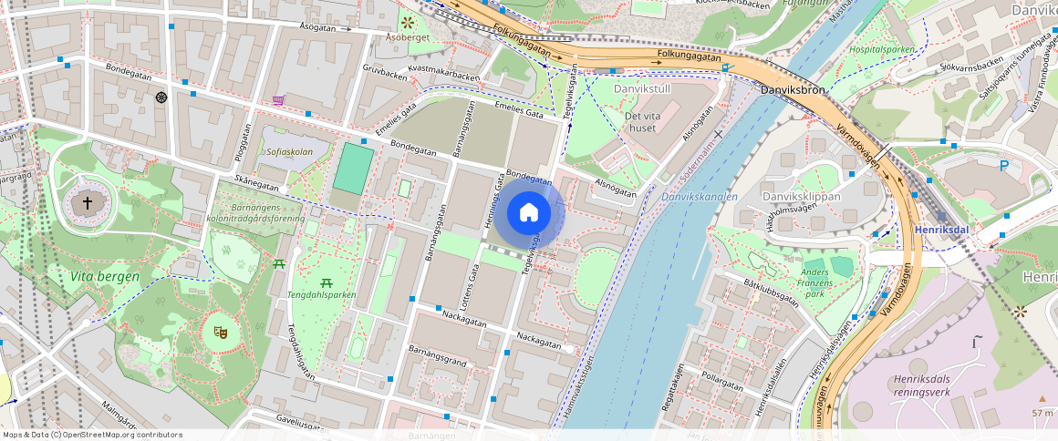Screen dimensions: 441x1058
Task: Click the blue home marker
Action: pos(529,213)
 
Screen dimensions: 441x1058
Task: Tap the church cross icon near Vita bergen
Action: pos(88,203)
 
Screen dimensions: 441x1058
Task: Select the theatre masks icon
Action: pos(219,333)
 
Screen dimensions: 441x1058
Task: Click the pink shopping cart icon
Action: pos(278,100)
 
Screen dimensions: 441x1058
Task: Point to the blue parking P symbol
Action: pos(1004,166)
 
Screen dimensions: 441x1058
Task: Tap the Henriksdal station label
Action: pos(941,230)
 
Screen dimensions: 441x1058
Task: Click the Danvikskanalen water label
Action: pos(699,196)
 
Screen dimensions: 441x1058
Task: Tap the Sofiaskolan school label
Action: pos(289,152)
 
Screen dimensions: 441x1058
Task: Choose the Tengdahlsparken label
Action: pos(322,294)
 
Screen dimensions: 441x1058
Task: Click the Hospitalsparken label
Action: pos(882,49)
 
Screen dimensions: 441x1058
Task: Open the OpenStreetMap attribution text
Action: pos(92,435)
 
